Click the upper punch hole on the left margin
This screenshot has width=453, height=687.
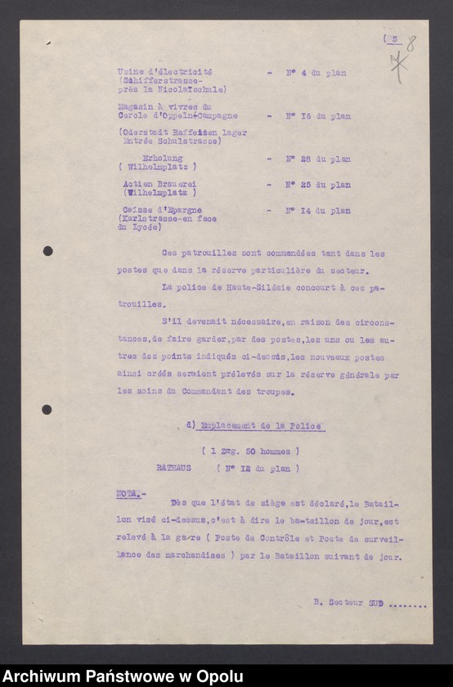[x=47, y=251]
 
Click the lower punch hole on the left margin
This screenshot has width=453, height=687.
[x=47, y=409]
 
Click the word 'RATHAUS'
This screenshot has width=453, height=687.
[x=173, y=469]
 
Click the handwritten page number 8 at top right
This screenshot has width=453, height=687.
[x=410, y=44]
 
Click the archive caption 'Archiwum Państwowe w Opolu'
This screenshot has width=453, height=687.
[x=123, y=676]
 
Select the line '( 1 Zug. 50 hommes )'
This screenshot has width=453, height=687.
[x=250, y=451]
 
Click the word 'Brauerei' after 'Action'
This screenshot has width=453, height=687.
[x=177, y=185]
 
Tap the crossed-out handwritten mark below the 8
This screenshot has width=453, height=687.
[x=398, y=65]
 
